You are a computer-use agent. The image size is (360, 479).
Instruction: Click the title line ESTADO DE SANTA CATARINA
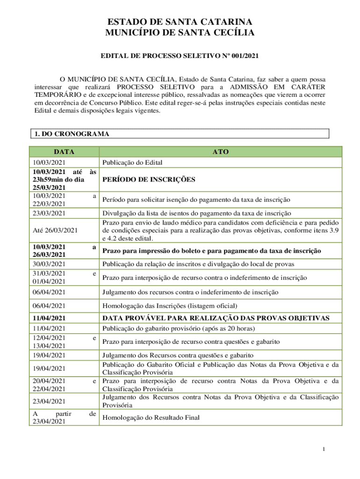pos(180,22)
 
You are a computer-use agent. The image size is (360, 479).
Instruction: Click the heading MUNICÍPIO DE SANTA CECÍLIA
pos(180,33)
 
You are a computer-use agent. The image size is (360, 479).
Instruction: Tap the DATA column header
pos(64,152)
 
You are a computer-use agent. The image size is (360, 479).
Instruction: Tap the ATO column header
pos(220,152)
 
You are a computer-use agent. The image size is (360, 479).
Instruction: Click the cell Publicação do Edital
pos(132,162)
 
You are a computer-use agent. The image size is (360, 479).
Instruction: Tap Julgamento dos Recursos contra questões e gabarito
pos(178,355)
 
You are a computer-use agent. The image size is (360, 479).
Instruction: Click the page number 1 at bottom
pos(323,450)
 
